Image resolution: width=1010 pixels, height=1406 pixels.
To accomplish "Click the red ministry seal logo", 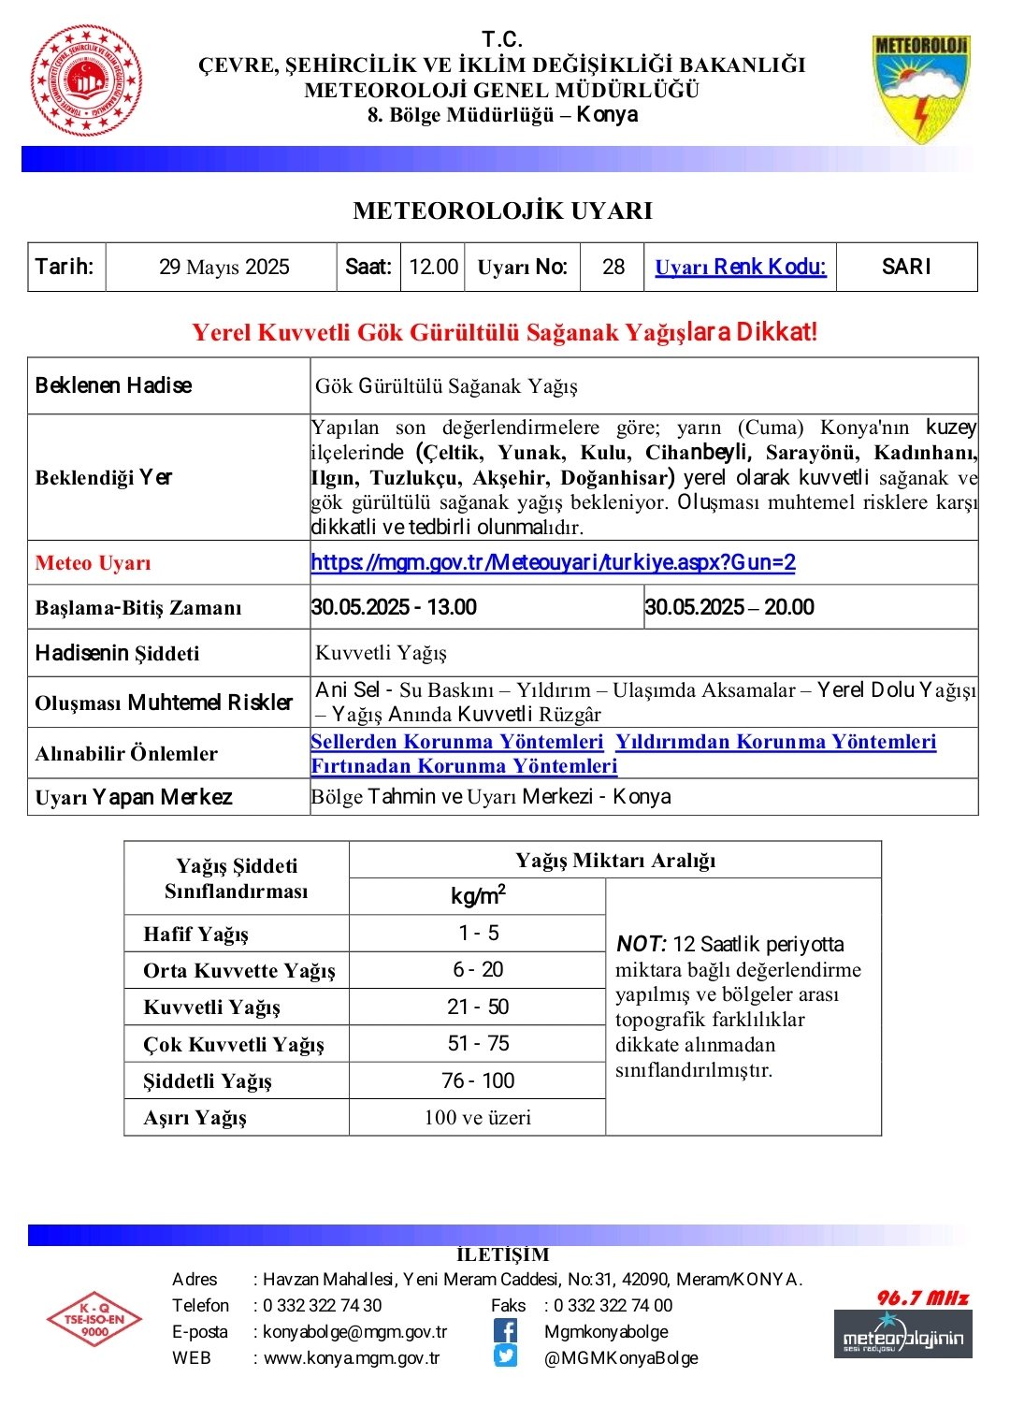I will point(86,80).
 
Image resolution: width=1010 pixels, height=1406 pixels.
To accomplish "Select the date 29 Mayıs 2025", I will point(224,268).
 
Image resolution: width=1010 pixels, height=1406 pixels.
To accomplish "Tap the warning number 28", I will point(613,268).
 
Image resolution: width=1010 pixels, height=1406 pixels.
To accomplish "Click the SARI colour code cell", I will point(906,268).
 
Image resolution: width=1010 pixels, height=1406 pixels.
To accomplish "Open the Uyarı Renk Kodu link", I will point(740,268).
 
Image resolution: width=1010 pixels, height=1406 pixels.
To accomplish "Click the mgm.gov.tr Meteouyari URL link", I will point(553,562).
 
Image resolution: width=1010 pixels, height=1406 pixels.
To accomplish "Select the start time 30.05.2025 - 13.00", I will point(394,607).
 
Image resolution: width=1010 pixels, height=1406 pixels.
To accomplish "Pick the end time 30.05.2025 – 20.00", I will point(729,607).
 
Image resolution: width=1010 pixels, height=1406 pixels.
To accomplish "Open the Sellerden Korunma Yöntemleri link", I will point(457,742).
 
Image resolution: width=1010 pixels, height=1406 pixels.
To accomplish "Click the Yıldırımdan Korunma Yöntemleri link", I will point(775,742).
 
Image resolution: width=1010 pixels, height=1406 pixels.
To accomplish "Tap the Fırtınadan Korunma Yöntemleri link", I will point(464,766).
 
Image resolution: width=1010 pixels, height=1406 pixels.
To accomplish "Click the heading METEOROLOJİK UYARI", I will point(503,210).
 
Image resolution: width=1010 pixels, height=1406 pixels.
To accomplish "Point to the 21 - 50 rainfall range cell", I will point(478,1007).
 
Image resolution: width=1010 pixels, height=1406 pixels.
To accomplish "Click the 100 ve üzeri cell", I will point(477,1117).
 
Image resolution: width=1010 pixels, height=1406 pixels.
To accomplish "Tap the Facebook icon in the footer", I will point(505,1330).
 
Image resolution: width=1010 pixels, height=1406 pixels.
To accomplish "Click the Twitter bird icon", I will point(505,1356).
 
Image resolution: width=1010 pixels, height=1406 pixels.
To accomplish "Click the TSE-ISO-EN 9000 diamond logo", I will point(94,1319).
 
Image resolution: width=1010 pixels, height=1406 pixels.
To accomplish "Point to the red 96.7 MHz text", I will point(922,1297).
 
